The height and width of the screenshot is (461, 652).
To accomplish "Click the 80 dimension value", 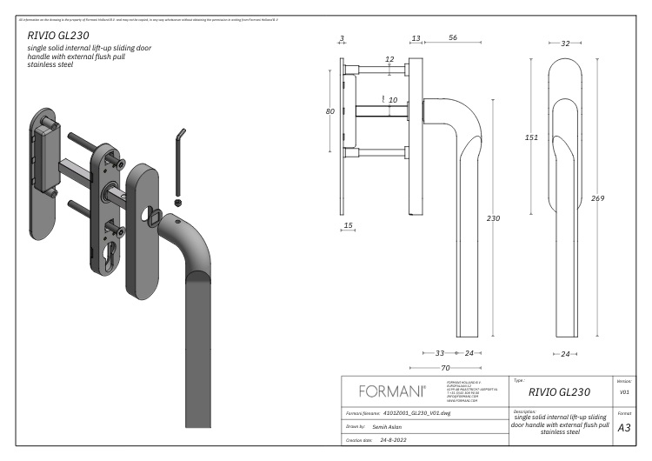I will click(330, 111).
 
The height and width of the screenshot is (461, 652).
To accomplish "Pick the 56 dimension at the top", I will click(453, 38).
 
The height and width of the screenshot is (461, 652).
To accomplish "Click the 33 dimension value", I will click(439, 353).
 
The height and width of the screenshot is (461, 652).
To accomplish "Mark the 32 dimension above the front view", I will click(565, 43).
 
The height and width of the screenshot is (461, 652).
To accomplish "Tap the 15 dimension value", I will click(349, 225).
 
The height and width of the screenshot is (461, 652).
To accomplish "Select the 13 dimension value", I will click(416, 38).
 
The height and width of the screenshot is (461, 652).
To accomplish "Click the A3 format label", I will click(623, 428).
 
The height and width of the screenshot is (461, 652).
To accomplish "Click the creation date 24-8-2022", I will click(403, 441).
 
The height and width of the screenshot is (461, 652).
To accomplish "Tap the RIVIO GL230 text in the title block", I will click(559, 392).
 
